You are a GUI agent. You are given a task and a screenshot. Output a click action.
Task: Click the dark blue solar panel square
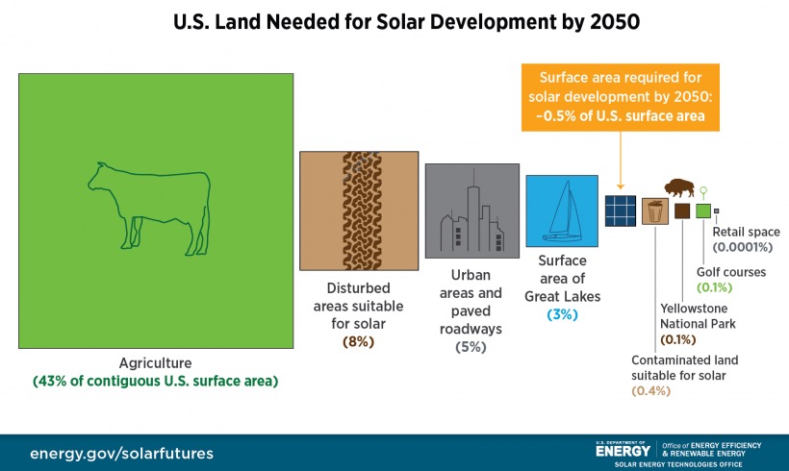pyautogui.click(x=621, y=210)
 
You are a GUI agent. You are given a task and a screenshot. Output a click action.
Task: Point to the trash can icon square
pyautogui.click(x=654, y=211)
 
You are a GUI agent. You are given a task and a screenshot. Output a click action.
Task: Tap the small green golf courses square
pyautogui.click(x=703, y=211)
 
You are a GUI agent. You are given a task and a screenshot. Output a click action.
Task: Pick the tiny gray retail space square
pyautogui.click(x=716, y=211)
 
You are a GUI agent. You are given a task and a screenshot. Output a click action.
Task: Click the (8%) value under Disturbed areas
pyautogui.click(x=358, y=341)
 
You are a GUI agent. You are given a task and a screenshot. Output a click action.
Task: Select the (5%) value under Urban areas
pyautogui.click(x=471, y=346)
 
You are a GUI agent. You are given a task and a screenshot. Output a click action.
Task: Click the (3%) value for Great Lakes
pyautogui.click(x=561, y=314)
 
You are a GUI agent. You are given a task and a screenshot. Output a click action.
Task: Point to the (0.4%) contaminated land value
pyautogui.click(x=650, y=390)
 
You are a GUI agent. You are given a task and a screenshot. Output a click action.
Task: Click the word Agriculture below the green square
pyautogui.click(x=155, y=363)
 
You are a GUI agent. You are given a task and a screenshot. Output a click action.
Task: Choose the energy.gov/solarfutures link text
pyautogui.click(x=121, y=452)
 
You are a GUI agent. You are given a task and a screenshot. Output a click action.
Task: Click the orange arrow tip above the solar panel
pyautogui.click(x=621, y=186)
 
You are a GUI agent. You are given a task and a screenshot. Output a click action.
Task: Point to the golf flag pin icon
pyautogui.click(x=703, y=191)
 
